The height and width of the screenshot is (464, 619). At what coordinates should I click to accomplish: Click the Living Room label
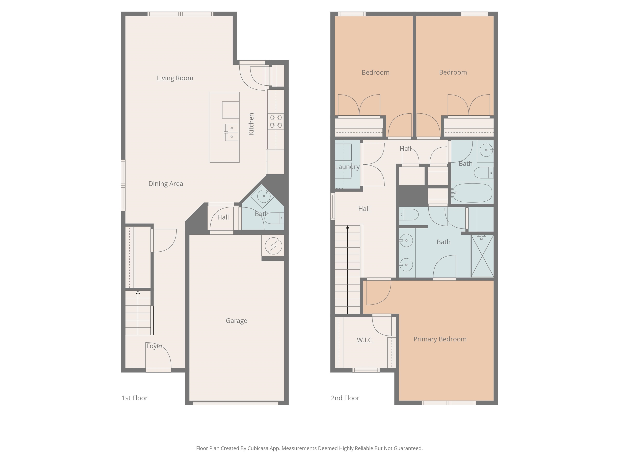click(x=175, y=78)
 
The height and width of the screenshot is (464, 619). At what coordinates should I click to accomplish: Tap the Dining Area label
click(x=166, y=184)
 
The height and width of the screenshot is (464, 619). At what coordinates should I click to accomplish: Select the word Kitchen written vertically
click(x=251, y=124)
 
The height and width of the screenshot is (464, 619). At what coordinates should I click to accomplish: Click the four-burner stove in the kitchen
click(x=276, y=121)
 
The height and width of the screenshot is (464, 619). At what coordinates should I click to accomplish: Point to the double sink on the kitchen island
click(x=232, y=132)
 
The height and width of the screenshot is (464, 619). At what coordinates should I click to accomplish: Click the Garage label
click(x=237, y=321)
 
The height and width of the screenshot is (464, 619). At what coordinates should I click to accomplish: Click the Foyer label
click(x=155, y=346)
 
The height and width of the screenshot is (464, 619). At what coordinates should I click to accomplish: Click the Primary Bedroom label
click(x=440, y=339)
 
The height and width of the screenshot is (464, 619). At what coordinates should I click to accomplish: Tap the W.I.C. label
click(x=365, y=340)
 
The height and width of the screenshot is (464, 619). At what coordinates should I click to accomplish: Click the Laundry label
click(x=347, y=167)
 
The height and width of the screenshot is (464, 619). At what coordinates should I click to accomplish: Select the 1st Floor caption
click(x=135, y=398)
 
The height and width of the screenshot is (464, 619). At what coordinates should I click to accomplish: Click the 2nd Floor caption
click(x=345, y=398)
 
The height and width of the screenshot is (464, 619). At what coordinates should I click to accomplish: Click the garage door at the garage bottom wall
click(x=236, y=403)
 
